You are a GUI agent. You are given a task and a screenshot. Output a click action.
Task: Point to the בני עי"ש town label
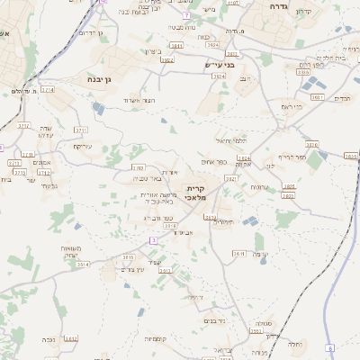(219, 64)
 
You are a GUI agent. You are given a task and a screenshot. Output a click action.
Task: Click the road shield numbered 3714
(47, 90)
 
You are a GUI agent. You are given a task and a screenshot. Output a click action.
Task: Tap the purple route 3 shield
(153, 239)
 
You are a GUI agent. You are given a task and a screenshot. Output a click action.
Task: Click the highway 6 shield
(330, 348)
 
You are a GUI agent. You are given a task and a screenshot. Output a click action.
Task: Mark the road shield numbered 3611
(239, 255)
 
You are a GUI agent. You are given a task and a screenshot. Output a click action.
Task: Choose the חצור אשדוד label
(139, 99)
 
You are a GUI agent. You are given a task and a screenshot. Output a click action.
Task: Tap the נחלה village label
(294, 343)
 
